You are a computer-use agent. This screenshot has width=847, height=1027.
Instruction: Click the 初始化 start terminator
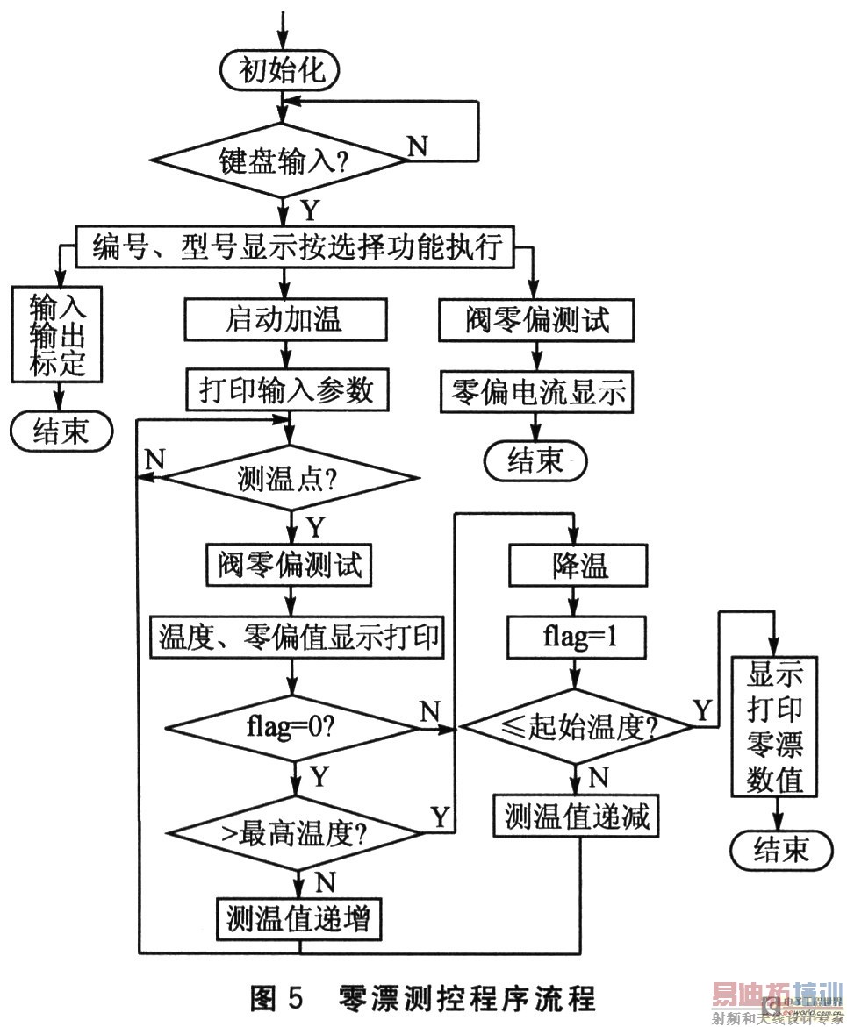(x=282, y=71)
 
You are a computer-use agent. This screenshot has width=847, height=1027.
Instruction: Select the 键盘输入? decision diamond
(x=282, y=160)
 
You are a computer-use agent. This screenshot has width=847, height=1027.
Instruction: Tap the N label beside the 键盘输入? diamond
(x=419, y=145)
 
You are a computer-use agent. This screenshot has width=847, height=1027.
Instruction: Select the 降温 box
(x=577, y=566)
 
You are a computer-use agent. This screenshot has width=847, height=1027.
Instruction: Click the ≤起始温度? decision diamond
(x=578, y=727)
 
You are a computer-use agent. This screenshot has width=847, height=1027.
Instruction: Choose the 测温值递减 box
(x=577, y=817)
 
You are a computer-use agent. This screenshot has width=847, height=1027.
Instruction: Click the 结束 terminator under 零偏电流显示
(x=535, y=460)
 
